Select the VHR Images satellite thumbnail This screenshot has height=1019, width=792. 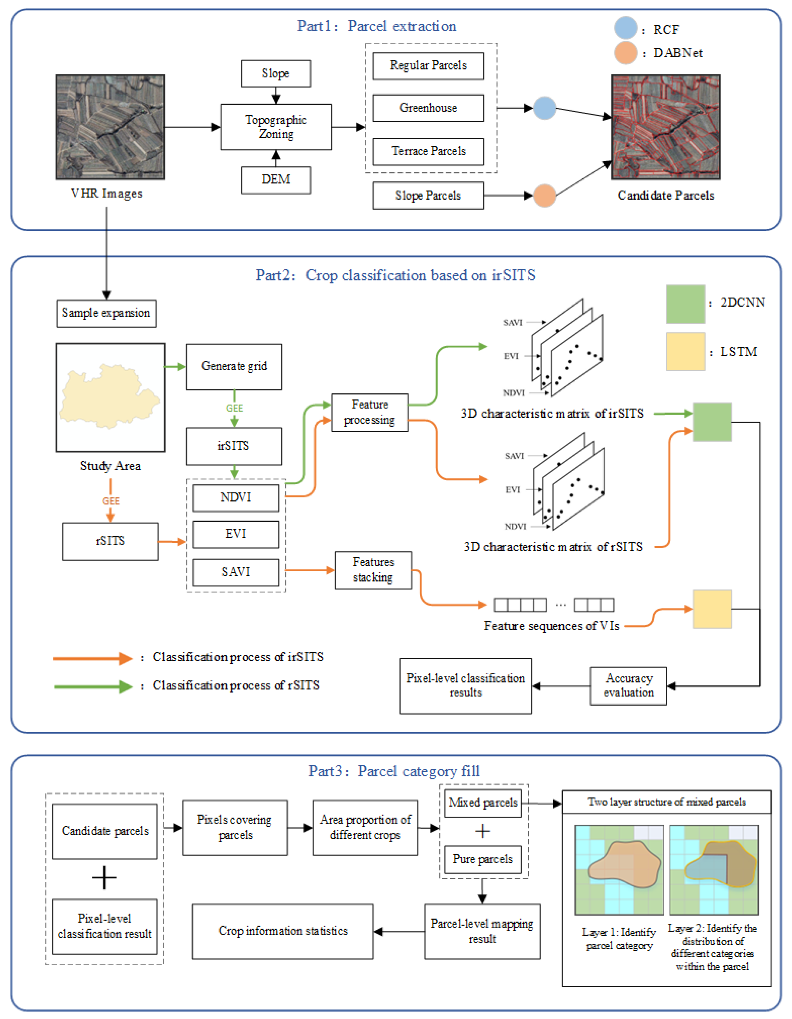pos(110,127)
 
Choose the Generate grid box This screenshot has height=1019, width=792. pos(234,367)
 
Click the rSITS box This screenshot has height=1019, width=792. pos(110,541)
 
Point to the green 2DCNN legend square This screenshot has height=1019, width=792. pos(685,304)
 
